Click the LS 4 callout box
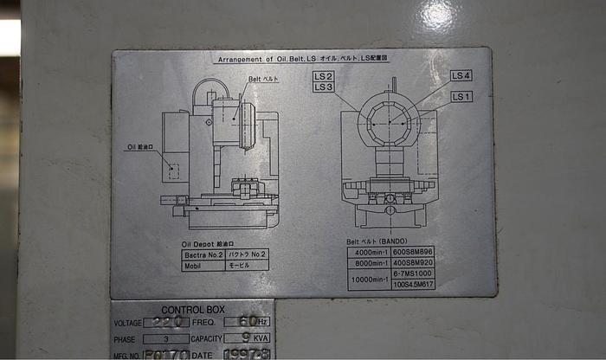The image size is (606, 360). coord(461,75)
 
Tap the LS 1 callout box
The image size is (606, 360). coord(461,96)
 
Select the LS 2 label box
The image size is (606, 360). coord(324,76)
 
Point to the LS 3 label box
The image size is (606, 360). coord(324,87)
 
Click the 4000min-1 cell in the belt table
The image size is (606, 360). coord(368,252)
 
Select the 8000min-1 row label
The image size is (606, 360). coord(368,262)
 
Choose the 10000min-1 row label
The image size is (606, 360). coord(368,280)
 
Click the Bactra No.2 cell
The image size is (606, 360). coord(204,255)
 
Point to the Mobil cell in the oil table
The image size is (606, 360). coord(194,266)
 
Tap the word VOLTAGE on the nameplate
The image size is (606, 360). coord(127,323)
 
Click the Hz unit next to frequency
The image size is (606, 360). coord(264,323)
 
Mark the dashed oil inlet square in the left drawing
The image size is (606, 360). coord(174,170)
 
